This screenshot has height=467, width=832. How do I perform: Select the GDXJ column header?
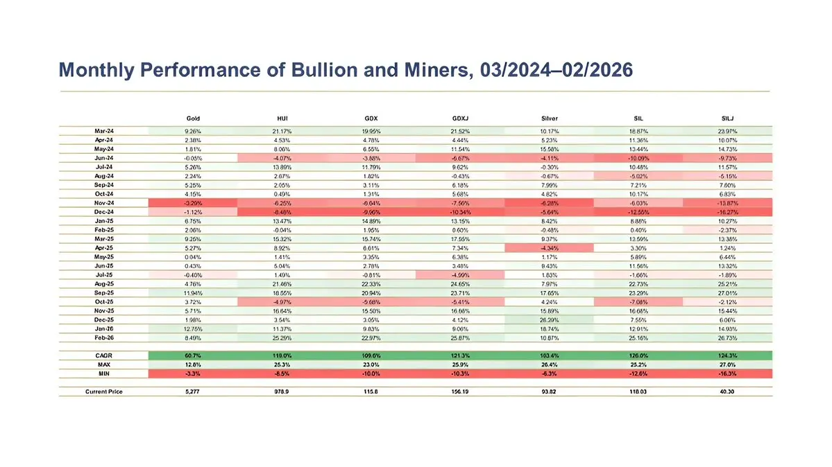coord(460,119)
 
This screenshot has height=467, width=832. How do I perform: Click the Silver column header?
coord(549,119)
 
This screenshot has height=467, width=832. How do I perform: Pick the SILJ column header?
coord(727,119)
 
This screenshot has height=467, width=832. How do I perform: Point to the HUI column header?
coord(282,119)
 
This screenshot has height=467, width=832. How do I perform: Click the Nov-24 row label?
coord(104,204)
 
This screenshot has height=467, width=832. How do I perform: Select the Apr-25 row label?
coord(104,246)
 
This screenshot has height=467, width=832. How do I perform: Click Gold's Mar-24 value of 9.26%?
coord(193,130)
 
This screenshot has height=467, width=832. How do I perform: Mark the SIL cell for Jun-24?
coord(638,159)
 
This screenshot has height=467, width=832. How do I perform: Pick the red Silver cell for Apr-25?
coord(549,246)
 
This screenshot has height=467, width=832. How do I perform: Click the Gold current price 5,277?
coord(193,391)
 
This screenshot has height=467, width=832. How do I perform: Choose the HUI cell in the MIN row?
coord(282,373)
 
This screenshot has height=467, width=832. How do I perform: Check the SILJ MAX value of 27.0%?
coord(727,364)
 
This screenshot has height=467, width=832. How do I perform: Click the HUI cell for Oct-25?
coord(282,303)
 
